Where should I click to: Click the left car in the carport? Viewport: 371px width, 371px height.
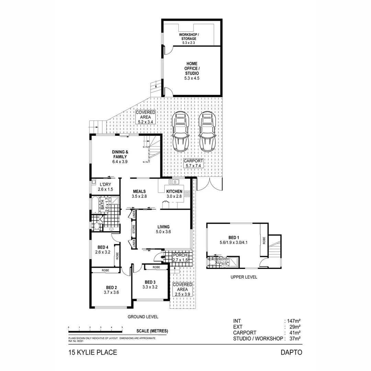coord(181,132)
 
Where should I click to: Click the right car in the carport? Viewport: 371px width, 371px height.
coord(207,132)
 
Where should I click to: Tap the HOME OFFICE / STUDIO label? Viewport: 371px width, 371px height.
coord(192,71)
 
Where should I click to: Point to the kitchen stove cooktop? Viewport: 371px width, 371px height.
coord(187,194)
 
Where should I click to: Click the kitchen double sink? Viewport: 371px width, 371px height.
coord(174,181)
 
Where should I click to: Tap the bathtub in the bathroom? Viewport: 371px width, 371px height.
coord(95,205)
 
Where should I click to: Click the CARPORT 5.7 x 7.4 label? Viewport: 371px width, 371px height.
coord(193,163)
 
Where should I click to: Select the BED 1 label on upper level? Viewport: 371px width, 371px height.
coord(234,240)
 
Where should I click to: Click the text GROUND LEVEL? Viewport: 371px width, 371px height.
coord(143,317)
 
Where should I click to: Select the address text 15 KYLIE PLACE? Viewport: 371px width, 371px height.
coord(92,352)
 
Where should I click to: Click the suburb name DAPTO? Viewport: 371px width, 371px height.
coord(291,352)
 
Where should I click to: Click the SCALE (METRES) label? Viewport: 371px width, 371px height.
coord(152,331)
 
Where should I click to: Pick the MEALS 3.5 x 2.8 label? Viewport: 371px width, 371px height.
coord(139,194)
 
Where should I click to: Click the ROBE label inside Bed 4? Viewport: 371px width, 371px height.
coord(117,256)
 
